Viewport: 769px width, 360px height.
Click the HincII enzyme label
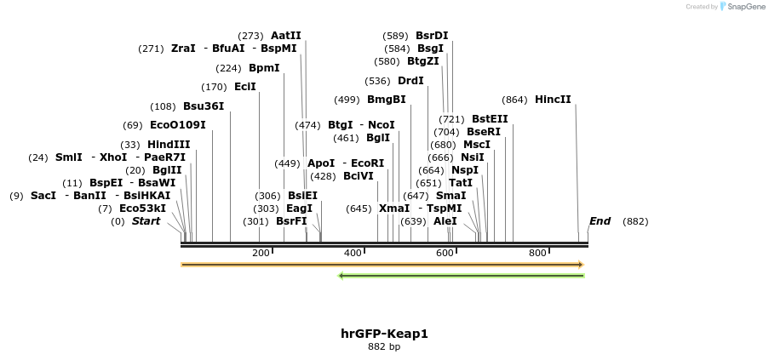(553, 100)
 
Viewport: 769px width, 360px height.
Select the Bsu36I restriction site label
(204, 106)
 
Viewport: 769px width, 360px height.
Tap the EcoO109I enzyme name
(177, 125)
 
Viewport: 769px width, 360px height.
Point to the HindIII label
(169, 145)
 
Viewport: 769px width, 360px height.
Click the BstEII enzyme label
(490, 119)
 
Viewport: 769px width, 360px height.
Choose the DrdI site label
(410, 81)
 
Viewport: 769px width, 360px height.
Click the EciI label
(245, 87)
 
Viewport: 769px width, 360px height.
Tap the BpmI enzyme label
(264, 68)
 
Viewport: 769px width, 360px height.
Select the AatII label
(286, 36)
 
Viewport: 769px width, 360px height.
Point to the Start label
(146, 221)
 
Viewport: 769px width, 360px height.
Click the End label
(600, 221)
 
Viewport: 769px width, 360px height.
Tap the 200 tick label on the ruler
(261, 254)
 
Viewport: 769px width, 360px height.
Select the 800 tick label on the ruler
(537, 254)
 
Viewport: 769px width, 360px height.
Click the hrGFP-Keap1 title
(384, 334)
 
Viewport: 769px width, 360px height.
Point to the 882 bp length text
(384, 347)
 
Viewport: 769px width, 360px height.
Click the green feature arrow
(461, 276)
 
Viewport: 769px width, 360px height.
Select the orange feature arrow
(382, 265)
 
